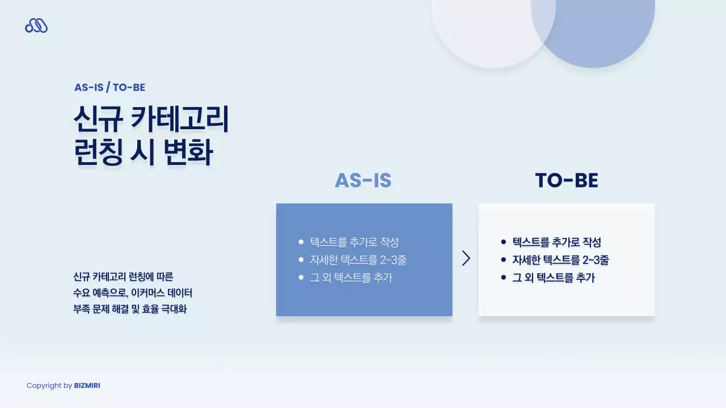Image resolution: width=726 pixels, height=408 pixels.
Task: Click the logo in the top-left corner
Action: click(36, 25)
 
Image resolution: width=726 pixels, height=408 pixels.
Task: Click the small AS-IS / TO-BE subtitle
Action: click(109, 87)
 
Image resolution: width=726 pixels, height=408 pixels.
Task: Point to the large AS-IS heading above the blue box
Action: click(363, 180)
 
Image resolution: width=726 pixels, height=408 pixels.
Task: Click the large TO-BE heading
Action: click(567, 180)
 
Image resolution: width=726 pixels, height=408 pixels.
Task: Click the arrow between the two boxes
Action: click(466, 258)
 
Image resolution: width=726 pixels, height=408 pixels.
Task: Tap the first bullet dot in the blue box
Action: click(301, 243)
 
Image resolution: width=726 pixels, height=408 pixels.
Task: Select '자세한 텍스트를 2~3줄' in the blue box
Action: click(358, 260)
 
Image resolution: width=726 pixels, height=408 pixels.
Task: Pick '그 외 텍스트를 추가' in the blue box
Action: click(351, 278)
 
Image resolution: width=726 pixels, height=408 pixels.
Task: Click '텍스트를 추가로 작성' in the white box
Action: click(556, 243)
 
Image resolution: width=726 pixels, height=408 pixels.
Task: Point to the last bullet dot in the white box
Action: click(504, 278)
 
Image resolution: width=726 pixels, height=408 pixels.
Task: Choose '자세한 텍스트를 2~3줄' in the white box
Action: click(560, 260)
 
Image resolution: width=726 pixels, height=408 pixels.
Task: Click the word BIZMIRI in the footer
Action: click(87, 386)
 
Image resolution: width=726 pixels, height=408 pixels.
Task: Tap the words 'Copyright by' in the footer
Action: click(49, 386)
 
